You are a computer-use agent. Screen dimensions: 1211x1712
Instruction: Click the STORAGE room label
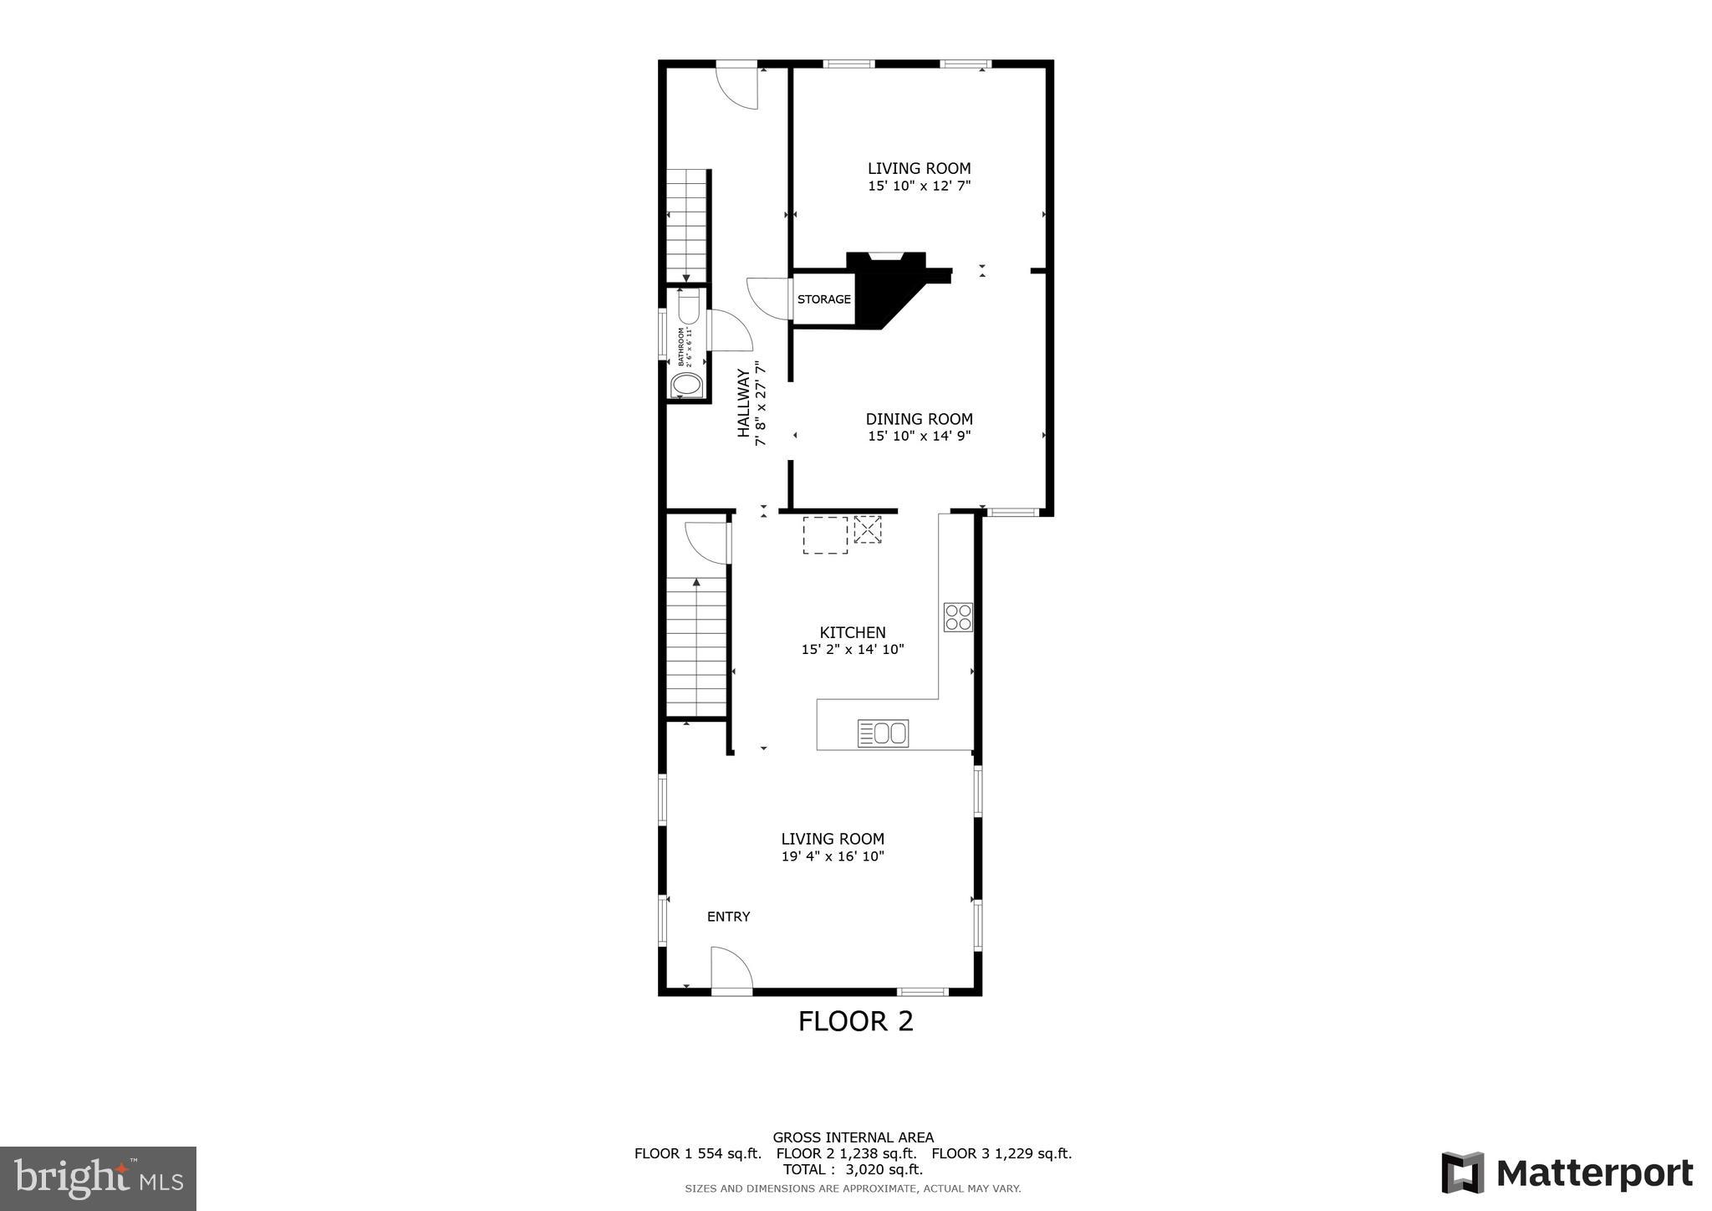click(x=823, y=299)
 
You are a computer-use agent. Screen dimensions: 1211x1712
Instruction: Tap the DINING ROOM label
click(x=919, y=419)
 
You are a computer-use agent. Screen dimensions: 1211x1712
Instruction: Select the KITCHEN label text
click(x=852, y=632)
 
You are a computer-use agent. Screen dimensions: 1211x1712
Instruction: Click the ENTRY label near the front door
click(x=728, y=917)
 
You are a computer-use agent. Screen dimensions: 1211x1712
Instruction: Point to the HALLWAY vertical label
click(x=743, y=403)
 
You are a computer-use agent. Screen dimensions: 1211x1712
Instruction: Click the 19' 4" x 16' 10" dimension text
click(x=833, y=856)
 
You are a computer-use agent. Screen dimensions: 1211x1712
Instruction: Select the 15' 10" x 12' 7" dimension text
click(x=919, y=186)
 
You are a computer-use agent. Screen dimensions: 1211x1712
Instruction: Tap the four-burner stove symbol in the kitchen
click(x=958, y=617)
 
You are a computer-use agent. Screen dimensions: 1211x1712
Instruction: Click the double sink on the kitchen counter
click(x=883, y=733)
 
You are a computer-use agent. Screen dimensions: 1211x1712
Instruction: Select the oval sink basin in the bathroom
click(x=687, y=386)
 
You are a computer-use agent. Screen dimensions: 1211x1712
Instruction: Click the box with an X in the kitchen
click(x=867, y=529)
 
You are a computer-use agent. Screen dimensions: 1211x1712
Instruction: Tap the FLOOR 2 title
click(x=855, y=1021)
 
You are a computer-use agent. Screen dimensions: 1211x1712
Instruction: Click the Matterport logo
click(x=1567, y=1173)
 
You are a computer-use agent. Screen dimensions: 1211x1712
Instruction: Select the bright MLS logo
click(x=98, y=1178)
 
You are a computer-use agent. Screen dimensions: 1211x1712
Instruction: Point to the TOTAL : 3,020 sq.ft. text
click(x=853, y=1169)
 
